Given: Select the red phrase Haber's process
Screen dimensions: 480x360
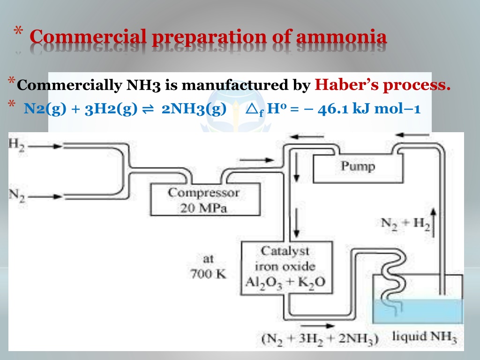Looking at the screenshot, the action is (x=382, y=84).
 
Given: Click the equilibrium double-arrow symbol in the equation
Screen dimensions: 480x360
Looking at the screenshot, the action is (x=148, y=109).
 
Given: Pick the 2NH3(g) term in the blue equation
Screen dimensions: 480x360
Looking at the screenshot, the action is (x=194, y=109).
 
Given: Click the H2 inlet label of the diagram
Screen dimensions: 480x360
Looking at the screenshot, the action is (x=16, y=145).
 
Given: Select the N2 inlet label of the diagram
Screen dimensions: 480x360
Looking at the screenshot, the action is (x=16, y=195).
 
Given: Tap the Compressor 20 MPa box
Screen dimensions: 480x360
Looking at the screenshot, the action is (x=205, y=200).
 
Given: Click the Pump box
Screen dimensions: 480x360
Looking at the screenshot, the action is (x=358, y=168).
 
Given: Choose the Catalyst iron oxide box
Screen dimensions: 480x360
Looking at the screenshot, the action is (x=286, y=268).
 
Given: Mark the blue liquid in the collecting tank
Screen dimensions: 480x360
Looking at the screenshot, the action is (x=418, y=311).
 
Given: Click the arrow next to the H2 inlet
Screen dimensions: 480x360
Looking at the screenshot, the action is (x=45, y=146).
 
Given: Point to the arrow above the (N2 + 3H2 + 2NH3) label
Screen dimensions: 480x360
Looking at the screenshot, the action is (x=318, y=326).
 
